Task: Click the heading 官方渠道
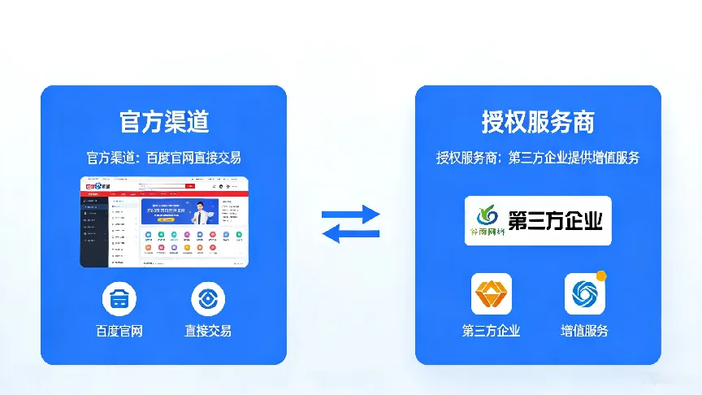(x=163, y=122)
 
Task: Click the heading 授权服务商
(x=538, y=122)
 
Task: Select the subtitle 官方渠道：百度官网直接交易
(x=163, y=158)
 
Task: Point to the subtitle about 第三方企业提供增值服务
(x=538, y=158)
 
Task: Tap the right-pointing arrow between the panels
(x=351, y=215)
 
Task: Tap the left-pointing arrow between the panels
(x=351, y=234)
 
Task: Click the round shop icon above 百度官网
(x=119, y=298)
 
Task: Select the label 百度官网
(x=119, y=331)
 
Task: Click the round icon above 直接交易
(x=208, y=298)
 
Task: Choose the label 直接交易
(x=208, y=331)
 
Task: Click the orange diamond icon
(x=492, y=293)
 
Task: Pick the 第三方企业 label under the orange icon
(x=492, y=331)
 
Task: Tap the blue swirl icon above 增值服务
(x=584, y=294)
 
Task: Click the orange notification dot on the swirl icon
(x=601, y=276)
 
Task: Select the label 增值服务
(x=584, y=331)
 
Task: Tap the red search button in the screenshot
(x=190, y=186)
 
